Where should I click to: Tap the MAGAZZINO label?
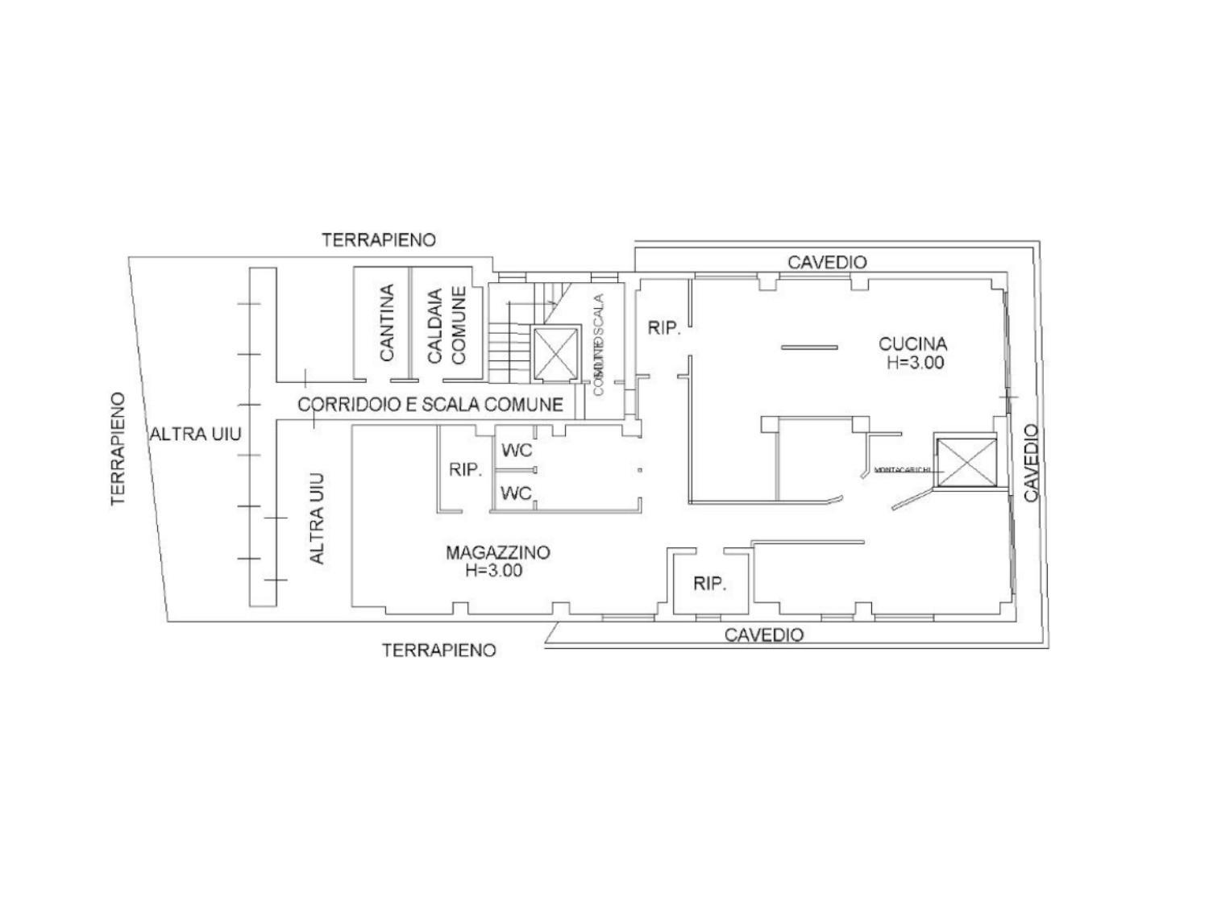(497, 552)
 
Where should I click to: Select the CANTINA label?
(387, 322)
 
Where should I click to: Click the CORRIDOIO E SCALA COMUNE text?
(430, 404)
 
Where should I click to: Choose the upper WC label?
(517, 451)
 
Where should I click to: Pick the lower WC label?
(517, 493)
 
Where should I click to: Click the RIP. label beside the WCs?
(465, 470)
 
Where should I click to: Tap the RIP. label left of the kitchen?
(665, 328)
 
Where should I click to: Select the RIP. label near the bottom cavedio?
(710, 584)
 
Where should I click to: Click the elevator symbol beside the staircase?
(556, 352)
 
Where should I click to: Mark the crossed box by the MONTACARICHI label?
(965, 463)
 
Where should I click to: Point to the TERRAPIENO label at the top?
(379, 239)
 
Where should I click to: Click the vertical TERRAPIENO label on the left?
(119, 448)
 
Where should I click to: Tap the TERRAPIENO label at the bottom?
(439, 650)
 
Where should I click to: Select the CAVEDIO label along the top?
(827, 262)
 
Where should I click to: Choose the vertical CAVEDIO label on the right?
(1032, 463)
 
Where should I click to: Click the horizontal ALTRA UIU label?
(195, 435)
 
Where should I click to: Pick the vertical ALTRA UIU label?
(318, 518)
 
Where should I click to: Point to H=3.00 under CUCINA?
(915, 363)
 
